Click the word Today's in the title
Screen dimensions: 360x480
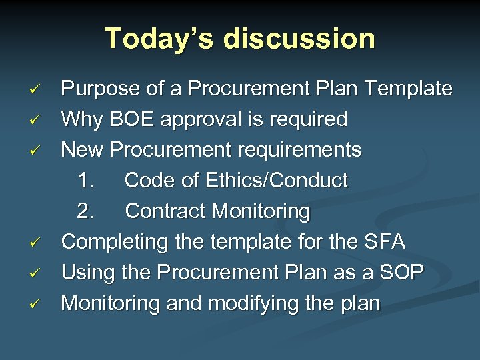click(x=158, y=39)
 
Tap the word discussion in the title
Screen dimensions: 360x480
click(x=299, y=39)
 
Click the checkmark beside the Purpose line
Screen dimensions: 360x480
click(x=38, y=89)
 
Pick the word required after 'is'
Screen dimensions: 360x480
click(x=309, y=119)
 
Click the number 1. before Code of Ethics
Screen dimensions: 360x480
click(x=86, y=181)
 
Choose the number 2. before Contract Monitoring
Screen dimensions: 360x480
click(x=86, y=211)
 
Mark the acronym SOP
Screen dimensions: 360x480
click(x=401, y=273)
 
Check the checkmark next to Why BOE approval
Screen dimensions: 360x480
click(x=38, y=119)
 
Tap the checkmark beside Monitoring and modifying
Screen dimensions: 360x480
click(x=38, y=303)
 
